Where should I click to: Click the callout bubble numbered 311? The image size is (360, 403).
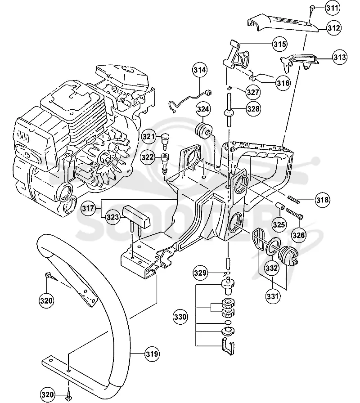(x=332, y=8)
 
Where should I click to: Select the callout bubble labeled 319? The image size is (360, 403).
(x=152, y=354)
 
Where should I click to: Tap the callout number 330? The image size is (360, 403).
(x=180, y=317)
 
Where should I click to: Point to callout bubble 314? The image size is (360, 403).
(x=200, y=70)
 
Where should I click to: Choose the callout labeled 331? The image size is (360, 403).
(x=272, y=296)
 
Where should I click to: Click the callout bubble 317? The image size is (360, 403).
(x=88, y=208)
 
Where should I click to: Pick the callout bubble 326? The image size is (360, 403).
(x=298, y=235)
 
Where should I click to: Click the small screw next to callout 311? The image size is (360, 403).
(x=312, y=9)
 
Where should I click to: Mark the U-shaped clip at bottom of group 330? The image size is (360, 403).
(x=228, y=346)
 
